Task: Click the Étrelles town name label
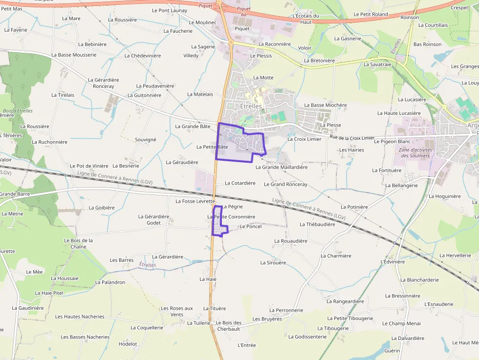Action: click(x=251, y=106)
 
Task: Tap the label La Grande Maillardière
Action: click(x=282, y=167)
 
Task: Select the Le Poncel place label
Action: click(x=251, y=227)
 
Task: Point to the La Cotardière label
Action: click(x=240, y=183)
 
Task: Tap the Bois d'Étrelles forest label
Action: click(x=18, y=111)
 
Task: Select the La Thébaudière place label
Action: click(x=317, y=224)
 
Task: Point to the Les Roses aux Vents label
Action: click(x=177, y=311)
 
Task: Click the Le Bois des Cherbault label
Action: click(x=228, y=326)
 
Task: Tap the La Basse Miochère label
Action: click(x=325, y=105)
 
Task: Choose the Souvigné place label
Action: click(x=145, y=140)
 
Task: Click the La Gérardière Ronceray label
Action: click(x=103, y=83)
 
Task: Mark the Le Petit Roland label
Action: click(x=370, y=14)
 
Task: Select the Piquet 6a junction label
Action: click(x=243, y=11)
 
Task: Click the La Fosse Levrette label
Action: click(x=195, y=201)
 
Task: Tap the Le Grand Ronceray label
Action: click(x=285, y=185)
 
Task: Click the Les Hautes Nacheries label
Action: click(x=80, y=317)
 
